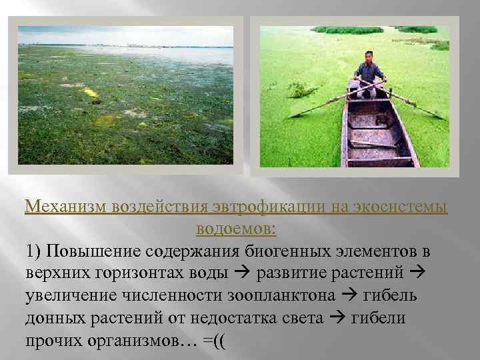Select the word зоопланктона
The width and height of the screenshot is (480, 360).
(x=271, y=295)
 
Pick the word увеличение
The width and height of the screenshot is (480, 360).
(x=69, y=295)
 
